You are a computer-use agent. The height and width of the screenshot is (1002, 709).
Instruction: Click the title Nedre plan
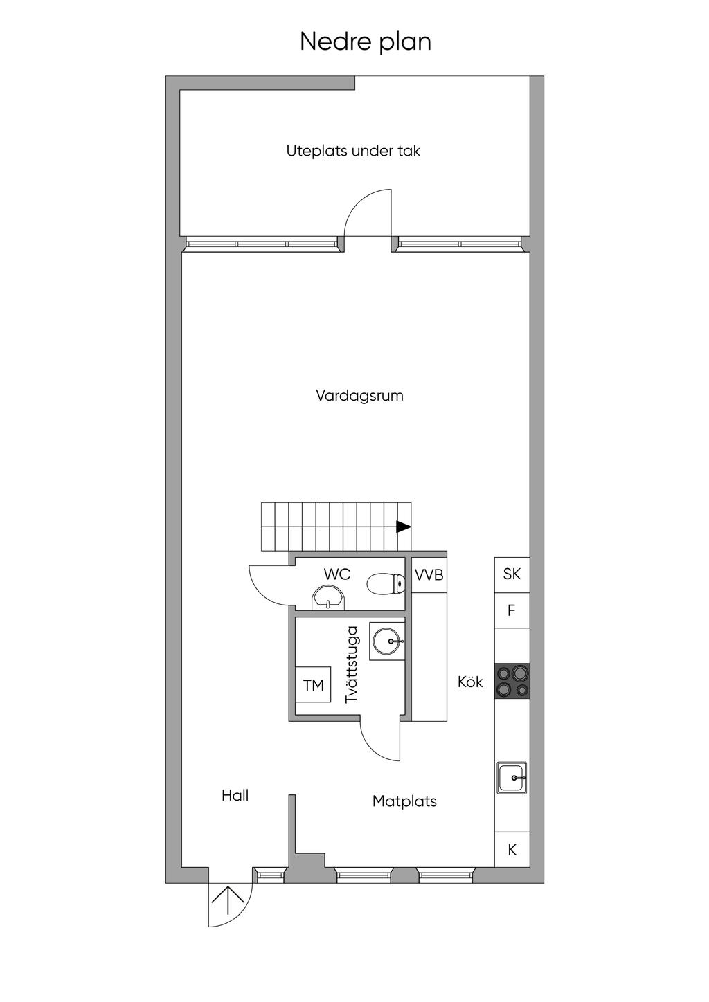(366, 42)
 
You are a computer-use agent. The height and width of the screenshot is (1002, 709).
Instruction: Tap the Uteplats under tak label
(353, 151)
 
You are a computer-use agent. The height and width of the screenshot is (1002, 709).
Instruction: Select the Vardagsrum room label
(359, 395)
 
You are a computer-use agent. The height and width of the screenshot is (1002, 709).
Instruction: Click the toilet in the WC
(386, 583)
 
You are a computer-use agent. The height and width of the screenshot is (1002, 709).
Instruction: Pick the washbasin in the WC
(329, 598)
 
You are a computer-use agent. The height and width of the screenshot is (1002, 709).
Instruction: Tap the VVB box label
(429, 574)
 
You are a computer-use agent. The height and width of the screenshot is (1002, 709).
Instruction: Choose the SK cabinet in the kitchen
(512, 575)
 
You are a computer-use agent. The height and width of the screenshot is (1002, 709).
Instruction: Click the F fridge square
(512, 610)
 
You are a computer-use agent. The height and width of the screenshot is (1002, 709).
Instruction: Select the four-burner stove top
(512, 681)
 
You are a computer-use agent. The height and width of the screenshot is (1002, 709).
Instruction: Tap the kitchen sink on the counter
(512, 777)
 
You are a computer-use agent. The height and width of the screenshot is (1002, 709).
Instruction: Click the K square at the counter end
(512, 849)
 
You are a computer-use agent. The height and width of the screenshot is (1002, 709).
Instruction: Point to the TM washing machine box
(313, 684)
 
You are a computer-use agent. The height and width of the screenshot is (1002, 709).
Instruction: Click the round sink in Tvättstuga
(387, 641)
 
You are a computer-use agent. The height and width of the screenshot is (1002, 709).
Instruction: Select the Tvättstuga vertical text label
(352, 664)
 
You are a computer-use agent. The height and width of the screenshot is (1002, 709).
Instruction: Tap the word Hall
(235, 795)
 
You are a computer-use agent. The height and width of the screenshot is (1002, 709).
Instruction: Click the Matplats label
(404, 801)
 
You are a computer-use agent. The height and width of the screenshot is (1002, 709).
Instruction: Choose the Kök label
(470, 682)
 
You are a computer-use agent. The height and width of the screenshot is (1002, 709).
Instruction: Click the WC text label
(336, 574)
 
